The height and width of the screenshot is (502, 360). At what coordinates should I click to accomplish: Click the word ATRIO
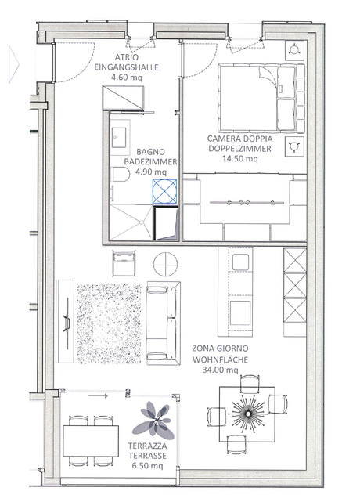pyautogui.click(x=127, y=57)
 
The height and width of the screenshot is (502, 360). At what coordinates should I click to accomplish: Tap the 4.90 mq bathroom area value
pyautogui.click(x=151, y=172)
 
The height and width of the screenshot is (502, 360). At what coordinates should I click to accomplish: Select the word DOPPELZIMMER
pyautogui.click(x=239, y=149)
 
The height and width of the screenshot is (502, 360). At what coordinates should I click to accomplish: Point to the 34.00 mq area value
pyautogui.click(x=220, y=370)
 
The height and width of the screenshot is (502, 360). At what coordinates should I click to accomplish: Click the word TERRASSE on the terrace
pyautogui.click(x=147, y=456)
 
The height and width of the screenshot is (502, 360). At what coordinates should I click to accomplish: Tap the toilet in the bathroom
pyautogui.click(x=120, y=174)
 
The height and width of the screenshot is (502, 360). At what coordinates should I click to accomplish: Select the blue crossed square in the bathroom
pyautogui.click(x=164, y=191)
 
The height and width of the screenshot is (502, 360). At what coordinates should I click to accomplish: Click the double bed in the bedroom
pyautogui.click(x=261, y=97)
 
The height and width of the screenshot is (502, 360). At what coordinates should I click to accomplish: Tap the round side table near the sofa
pyautogui.click(x=165, y=264)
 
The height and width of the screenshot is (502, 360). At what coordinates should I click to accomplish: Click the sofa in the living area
pyautogui.click(x=164, y=323)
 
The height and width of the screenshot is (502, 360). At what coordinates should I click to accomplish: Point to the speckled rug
pyautogui.click(x=109, y=323)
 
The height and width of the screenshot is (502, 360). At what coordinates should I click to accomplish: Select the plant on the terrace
pyautogui.click(x=154, y=421)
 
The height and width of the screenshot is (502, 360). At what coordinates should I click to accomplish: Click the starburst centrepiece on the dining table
pyautogui.click(x=247, y=414)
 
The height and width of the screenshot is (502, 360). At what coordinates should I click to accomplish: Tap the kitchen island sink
pyautogui.click(x=240, y=262)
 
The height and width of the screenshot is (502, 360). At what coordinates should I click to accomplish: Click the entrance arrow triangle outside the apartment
pyautogui.click(x=14, y=64)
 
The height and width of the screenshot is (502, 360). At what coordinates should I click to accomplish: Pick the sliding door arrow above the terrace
pyautogui.click(x=98, y=396)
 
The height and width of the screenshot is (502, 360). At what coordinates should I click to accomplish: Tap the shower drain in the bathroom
pyautogui.click(x=140, y=222)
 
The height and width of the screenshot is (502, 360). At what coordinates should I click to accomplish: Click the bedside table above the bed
pyautogui.click(x=295, y=50)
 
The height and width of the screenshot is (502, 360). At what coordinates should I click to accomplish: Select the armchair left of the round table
pyautogui.click(x=124, y=263)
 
